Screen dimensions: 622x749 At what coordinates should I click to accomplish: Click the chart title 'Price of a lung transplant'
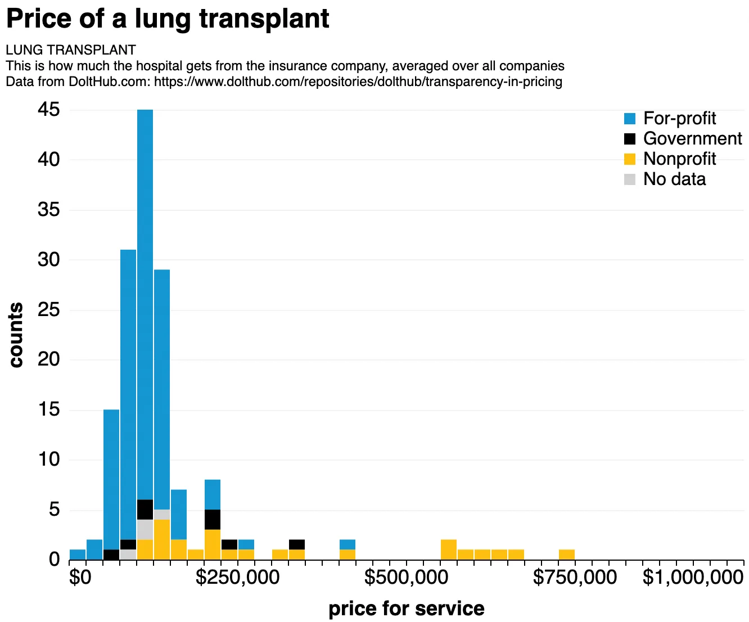tap(167, 19)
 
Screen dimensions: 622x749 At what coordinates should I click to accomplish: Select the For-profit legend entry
tap(670, 119)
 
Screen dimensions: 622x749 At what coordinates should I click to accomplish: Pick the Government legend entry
tap(683, 139)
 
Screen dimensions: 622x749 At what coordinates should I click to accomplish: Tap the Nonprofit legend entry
tap(670, 159)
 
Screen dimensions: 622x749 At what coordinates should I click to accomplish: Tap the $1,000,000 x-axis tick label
tap(693, 578)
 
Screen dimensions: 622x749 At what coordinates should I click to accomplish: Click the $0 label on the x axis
tap(80, 578)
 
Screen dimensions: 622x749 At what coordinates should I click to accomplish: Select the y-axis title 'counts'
tap(16, 335)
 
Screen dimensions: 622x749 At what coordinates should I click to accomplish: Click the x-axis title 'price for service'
tap(406, 609)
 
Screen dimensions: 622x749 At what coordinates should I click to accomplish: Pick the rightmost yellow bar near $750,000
tap(567, 555)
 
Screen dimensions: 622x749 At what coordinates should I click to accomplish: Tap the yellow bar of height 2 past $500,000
tap(449, 550)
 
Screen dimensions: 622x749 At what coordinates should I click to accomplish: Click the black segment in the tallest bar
tap(145, 510)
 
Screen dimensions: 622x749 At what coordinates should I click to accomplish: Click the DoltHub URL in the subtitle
tap(358, 82)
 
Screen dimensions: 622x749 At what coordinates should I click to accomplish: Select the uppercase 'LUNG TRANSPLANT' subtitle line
tap(71, 50)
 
